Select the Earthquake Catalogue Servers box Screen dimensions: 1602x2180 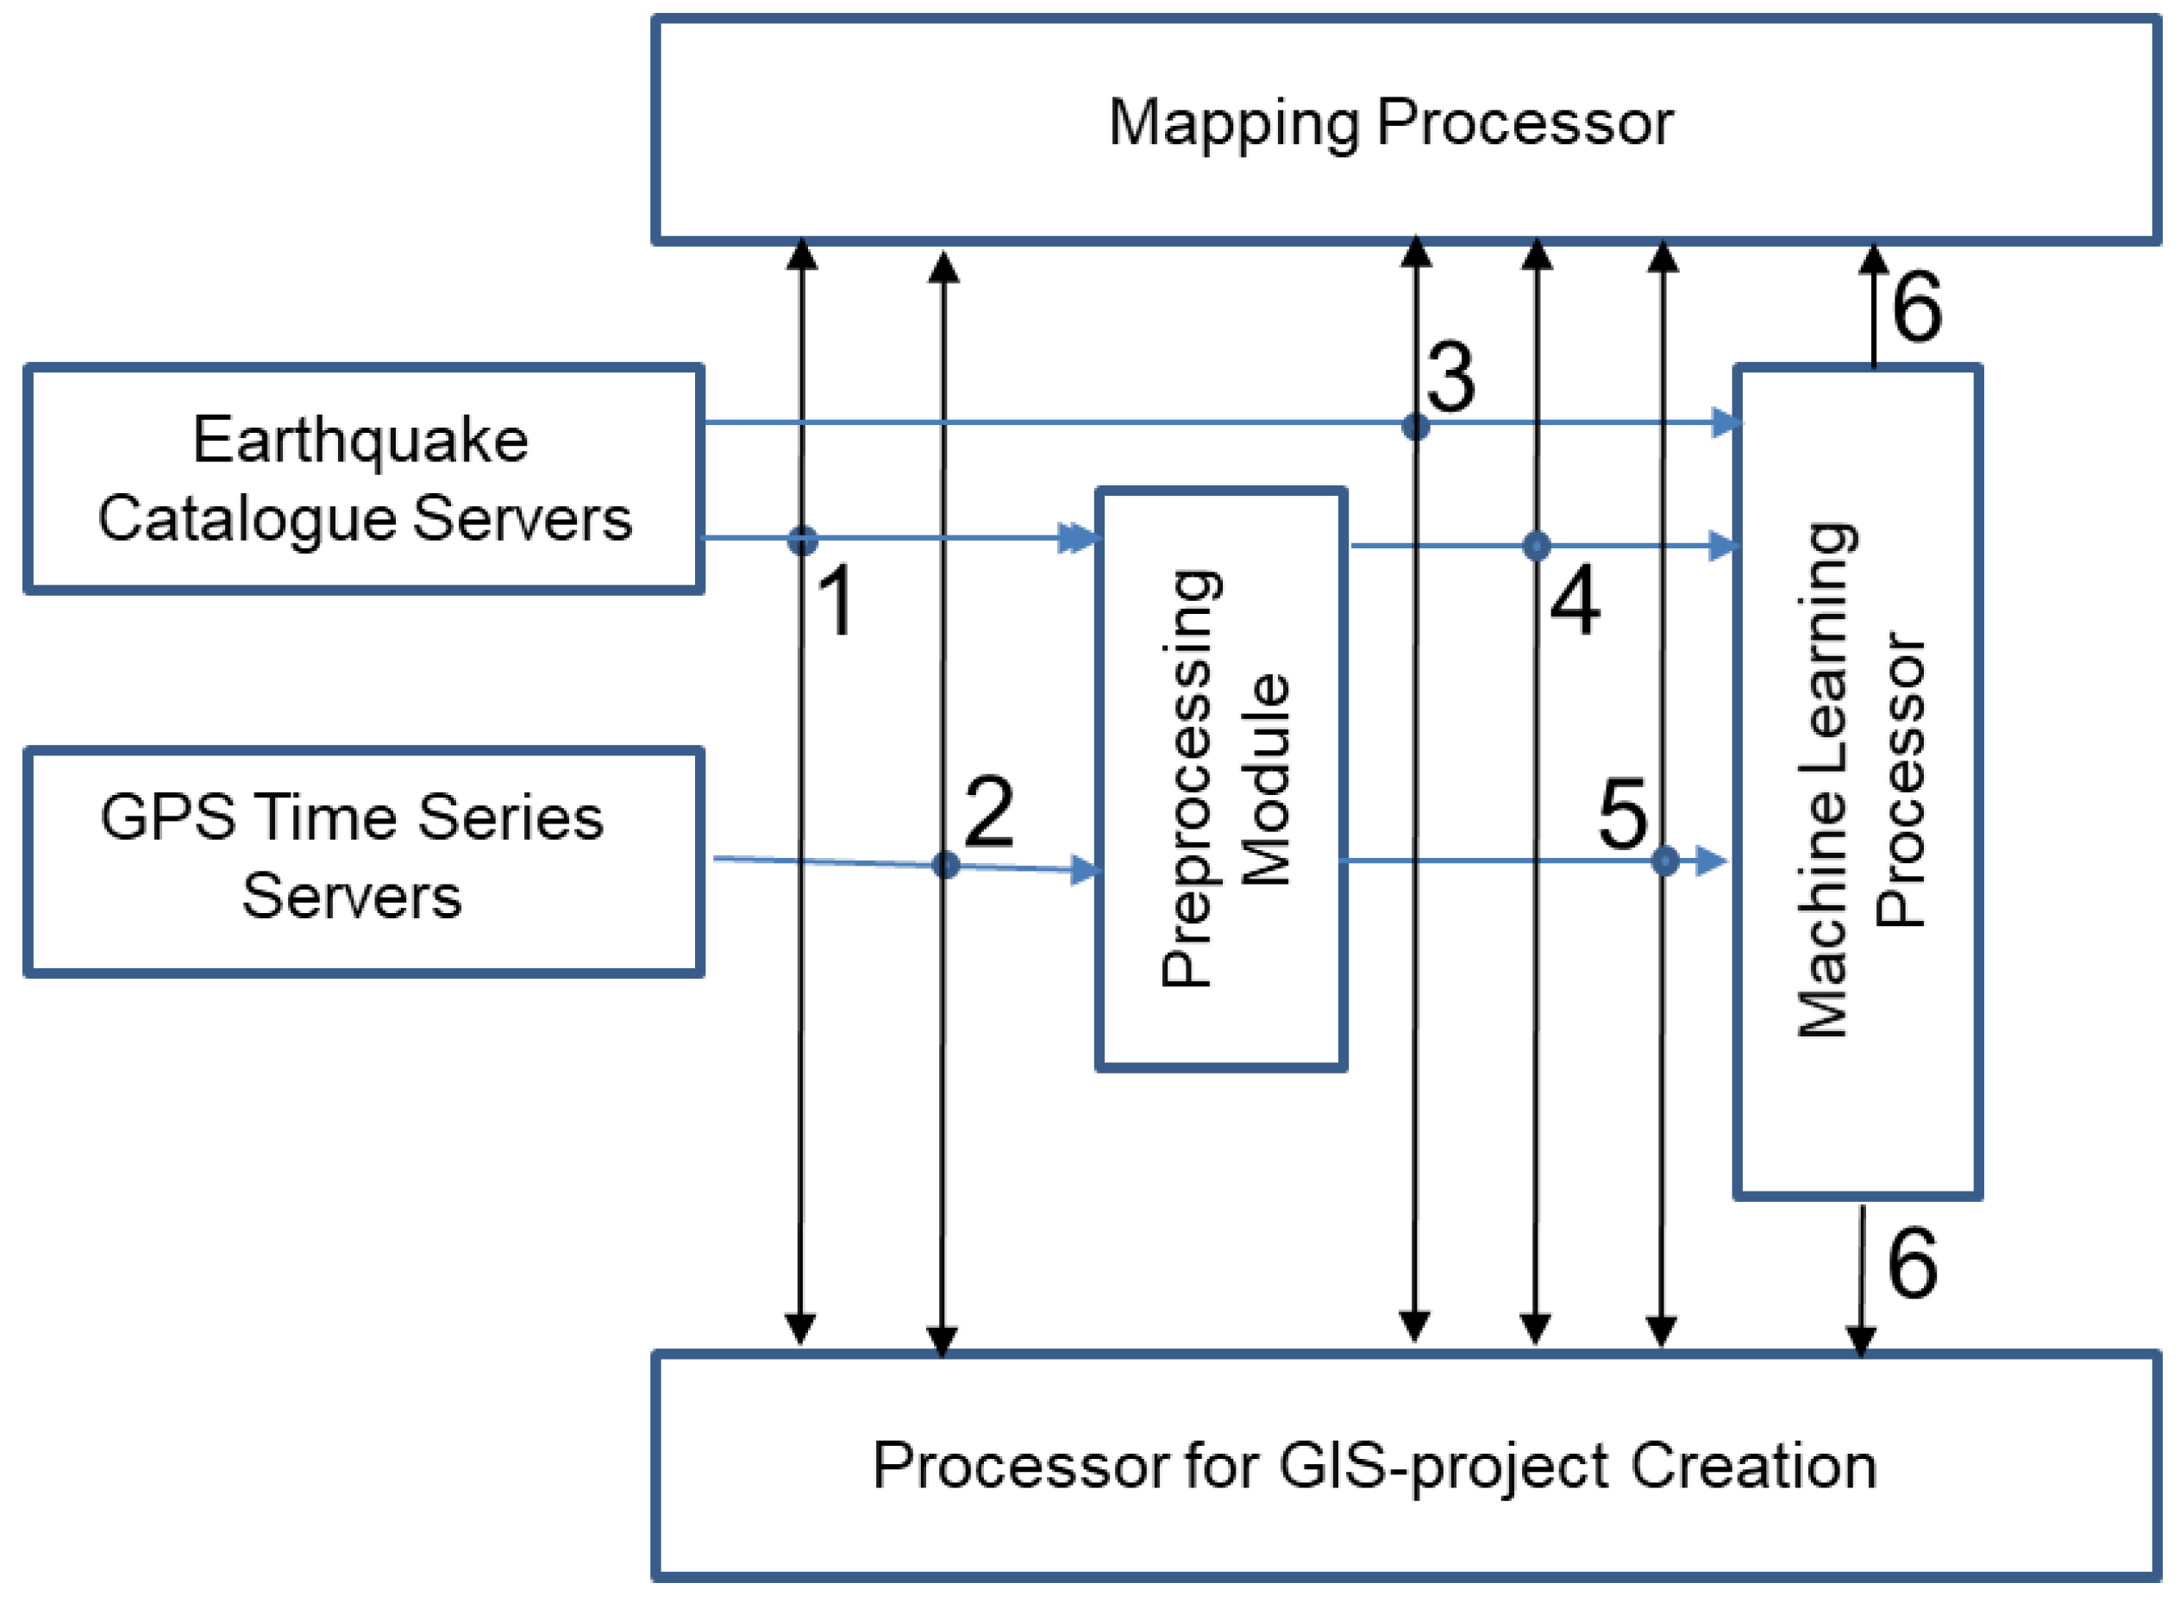363,479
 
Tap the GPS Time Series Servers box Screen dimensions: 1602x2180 363,861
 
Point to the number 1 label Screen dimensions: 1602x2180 836,602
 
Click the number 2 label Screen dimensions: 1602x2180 988,811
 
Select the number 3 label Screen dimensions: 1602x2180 1450,378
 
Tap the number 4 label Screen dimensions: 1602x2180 1575,601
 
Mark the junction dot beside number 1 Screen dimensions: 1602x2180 802,540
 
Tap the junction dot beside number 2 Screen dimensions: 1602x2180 945,864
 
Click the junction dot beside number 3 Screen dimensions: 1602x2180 1416,426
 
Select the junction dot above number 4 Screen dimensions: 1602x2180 1536,546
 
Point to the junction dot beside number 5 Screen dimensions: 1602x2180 1665,860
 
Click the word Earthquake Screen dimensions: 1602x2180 360,441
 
